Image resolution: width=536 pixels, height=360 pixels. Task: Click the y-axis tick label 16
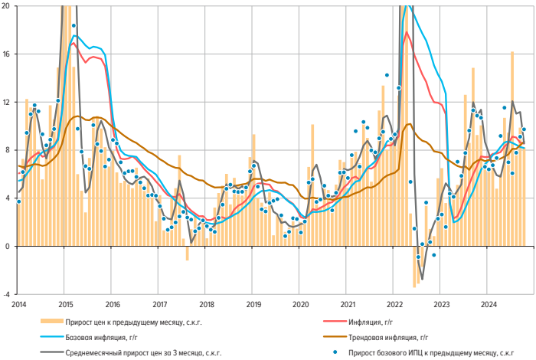(6, 54)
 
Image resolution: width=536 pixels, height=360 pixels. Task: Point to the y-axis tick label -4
(6, 294)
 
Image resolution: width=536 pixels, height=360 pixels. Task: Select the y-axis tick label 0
(8, 246)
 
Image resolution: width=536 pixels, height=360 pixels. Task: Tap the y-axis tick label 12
(6, 103)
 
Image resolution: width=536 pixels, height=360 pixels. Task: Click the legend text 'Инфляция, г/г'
(372, 319)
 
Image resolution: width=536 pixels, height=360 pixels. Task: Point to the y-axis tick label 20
(6, 6)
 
